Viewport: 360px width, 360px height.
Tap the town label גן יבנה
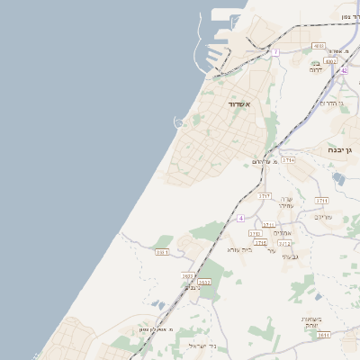[342, 150]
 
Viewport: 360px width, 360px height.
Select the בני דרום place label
[317, 69]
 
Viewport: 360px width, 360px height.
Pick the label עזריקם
[323, 217]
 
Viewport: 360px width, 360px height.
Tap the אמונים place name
[281, 233]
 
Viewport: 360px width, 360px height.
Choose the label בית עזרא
[239, 249]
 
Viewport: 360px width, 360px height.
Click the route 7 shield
[275, 52]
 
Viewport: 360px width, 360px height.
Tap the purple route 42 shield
[344, 69]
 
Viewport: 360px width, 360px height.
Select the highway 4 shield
[241, 218]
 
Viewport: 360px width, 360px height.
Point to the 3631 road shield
[163, 252]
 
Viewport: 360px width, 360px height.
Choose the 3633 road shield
[188, 276]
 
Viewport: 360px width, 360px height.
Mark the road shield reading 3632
[203, 282]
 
